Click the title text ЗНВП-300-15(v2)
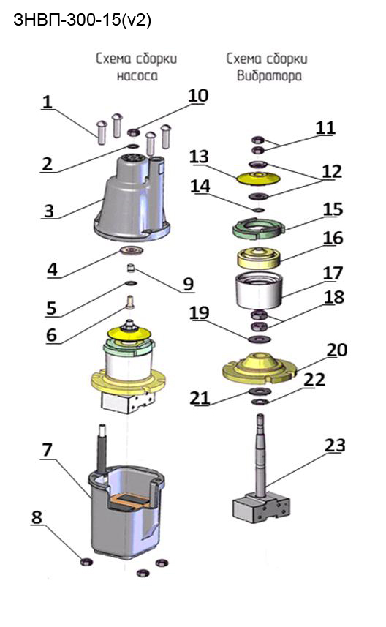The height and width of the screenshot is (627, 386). coord(83,20)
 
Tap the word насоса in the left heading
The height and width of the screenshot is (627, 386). coord(137,76)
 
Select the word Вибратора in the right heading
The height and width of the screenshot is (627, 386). coord(269,76)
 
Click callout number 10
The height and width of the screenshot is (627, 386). coord(198,95)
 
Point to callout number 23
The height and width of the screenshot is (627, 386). coord(335,445)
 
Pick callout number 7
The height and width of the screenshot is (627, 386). coord(47,450)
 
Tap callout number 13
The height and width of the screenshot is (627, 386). coord(200,157)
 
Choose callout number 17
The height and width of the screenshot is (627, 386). coord(333,273)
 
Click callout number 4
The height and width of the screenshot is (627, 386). coord(53,269)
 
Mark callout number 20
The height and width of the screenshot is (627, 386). coord(337,350)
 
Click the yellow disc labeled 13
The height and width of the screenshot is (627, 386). coord(257,179)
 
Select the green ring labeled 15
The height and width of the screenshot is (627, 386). coord(258,228)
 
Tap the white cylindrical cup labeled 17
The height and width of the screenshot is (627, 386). coord(259,290)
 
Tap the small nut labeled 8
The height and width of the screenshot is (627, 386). coord(87,561)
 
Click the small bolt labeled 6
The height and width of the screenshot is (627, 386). coord(130,301)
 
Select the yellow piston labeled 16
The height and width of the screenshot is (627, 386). coord(259,258)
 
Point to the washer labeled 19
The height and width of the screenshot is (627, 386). coord(260,339)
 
